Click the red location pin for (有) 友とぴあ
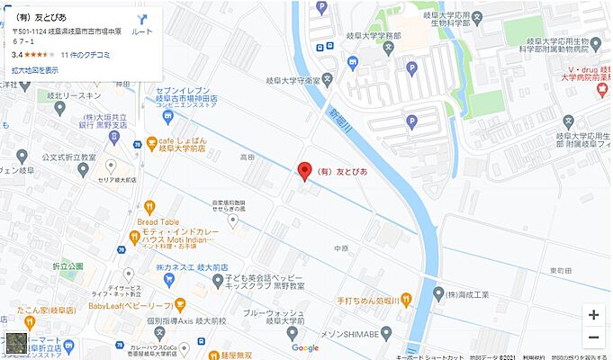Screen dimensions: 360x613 click(x=304, y=170)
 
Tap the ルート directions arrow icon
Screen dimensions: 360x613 click(x=142, y=19)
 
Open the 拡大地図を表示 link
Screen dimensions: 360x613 click(x=35, y=69)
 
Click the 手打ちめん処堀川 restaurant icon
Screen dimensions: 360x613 click(x=407, y=298)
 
